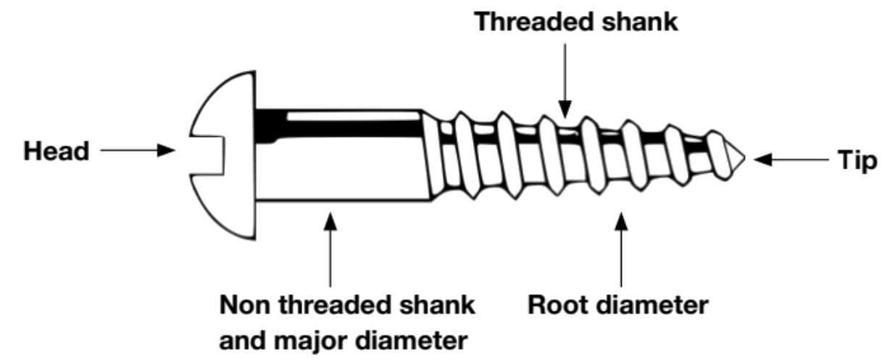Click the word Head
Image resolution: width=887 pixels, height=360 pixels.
click(x=56, y=151)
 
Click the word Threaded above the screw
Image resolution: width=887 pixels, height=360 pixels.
click(x=535, y=22)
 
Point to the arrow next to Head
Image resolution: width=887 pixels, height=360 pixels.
click(x=138, y=151)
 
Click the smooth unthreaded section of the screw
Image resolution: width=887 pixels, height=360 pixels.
click(x=341, y=167)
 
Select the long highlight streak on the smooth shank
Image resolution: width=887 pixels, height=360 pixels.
click(x=355, y=115)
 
